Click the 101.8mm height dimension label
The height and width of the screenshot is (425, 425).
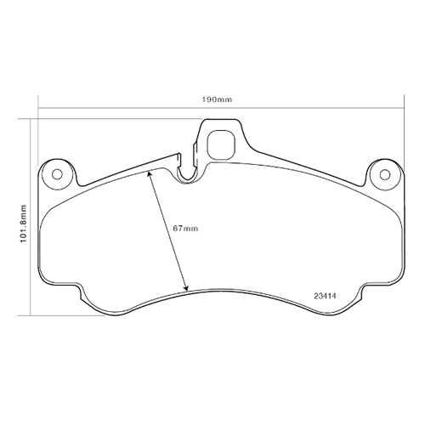[23, 217]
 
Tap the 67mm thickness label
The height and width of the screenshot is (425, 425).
[184, 229]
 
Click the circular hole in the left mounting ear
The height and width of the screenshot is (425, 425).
[58, 175]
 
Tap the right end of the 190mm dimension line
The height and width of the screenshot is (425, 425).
[402, 108]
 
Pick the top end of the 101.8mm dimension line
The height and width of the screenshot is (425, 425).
[31, 119]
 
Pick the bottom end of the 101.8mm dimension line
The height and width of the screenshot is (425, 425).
[31, 314]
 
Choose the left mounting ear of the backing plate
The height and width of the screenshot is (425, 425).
[56, 173]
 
